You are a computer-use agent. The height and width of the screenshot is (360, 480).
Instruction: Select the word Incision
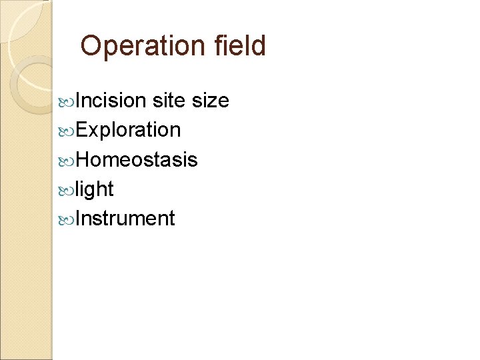click(111, 101)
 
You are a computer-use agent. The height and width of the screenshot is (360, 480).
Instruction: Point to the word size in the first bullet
click(210, 101)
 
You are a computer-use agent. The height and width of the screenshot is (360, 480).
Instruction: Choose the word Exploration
click(128, 130)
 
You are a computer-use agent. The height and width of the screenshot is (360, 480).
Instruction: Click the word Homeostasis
click(137, 159)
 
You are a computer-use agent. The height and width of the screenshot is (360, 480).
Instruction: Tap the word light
click(95, 189)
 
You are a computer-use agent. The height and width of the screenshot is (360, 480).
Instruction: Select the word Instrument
click(125, 219)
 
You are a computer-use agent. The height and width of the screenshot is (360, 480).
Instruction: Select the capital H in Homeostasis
click(83, 159)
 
